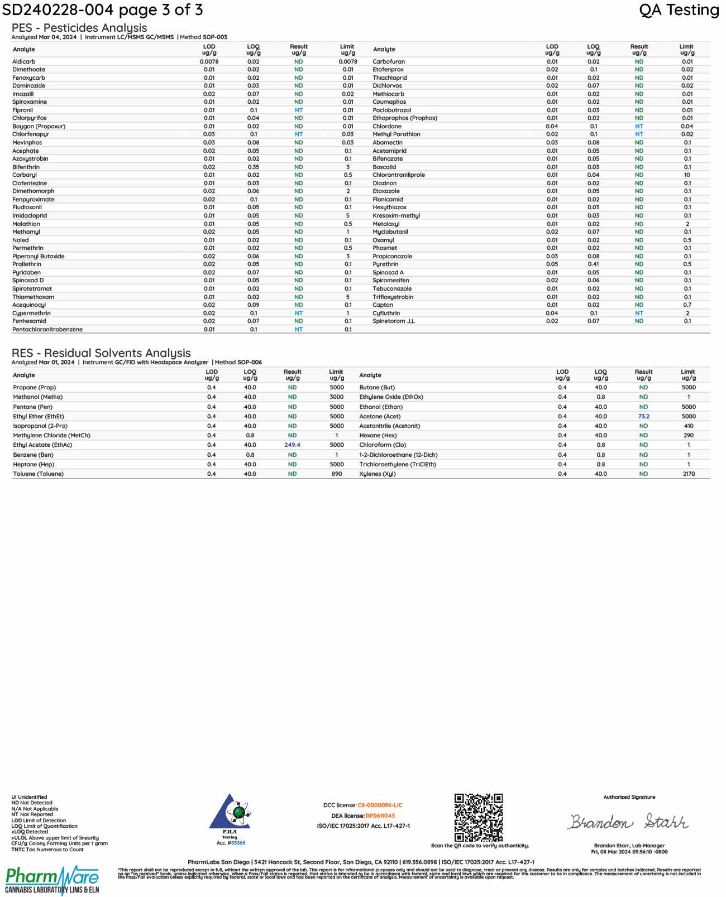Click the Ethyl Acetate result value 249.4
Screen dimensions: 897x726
coord(292,445)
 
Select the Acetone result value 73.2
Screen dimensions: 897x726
coord(643,416)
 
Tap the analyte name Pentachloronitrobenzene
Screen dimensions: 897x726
coord(47,330)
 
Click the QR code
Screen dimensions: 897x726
coord(478,817)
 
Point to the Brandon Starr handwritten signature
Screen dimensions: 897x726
coord(628,822)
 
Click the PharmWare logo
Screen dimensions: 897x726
coord(52,880)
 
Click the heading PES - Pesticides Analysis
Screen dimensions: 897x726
coord(79,28)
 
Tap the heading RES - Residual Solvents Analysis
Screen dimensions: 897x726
coord(101,353)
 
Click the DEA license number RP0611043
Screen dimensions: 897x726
coord(380,816)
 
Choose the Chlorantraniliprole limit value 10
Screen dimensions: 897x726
coord(687,175)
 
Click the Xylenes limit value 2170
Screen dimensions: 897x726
coord(689,474)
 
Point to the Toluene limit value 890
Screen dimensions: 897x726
coord(337,474)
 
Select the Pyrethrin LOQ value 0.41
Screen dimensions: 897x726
coord(593,264)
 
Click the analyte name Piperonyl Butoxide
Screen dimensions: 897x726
coord(39,257)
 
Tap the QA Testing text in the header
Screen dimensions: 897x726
coord(679,10)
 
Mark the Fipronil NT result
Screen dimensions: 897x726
coord(299,110)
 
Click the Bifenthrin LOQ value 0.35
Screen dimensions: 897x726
coord(254,167)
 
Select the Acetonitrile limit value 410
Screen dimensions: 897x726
coord(689,426)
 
